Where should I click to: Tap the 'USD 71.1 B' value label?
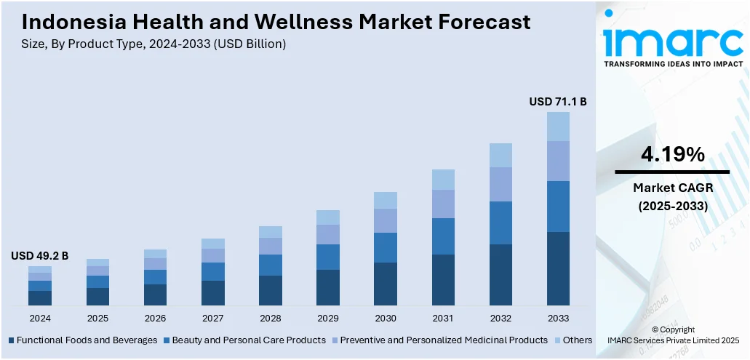(557, 102)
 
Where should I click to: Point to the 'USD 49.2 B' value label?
(39, 256)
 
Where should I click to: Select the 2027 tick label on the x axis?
(213, 319)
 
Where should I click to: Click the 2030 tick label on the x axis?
(386, 319)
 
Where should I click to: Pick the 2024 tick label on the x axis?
(40, 319)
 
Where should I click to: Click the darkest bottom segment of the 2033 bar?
(558, 268)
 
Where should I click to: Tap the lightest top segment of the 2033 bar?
(558, 127)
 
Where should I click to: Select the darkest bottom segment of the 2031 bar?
(443, 280)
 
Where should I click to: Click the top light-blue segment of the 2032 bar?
(500, 155)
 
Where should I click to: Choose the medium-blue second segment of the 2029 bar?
(328, 257)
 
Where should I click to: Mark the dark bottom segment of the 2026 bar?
(155, 295)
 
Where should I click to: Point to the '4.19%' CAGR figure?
(672, 154)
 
